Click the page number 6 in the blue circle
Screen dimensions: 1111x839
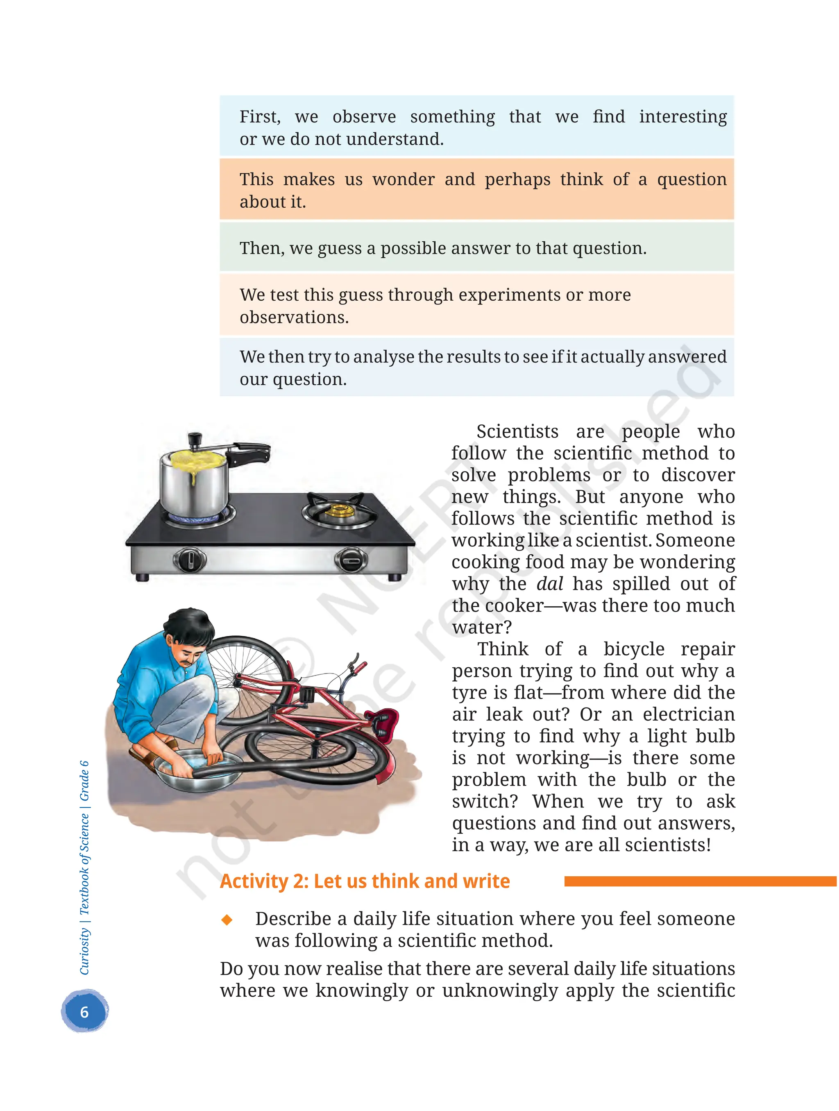[x=84, y=1011]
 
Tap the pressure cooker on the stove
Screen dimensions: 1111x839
[x=193, y=482]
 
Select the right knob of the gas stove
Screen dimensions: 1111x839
[x=351, y=560]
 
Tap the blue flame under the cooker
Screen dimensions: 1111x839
[x=193, y=517]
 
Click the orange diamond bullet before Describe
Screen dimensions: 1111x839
[x=227, y=920]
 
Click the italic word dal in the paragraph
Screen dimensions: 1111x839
[x=550, y=584]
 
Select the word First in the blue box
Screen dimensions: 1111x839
[x=259, y=116]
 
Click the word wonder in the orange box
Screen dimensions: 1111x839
[x=404, y=179]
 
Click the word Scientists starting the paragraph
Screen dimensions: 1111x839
[x=517, y=431]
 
